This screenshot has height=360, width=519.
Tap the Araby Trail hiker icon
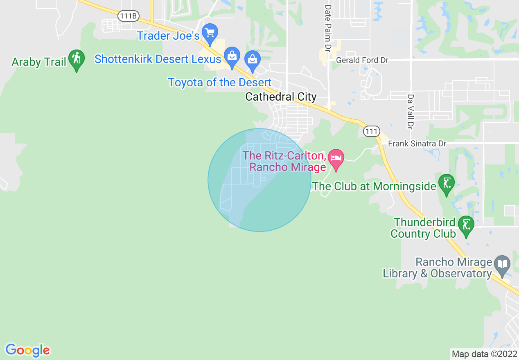(76, 60)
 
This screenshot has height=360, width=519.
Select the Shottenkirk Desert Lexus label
(158, 59)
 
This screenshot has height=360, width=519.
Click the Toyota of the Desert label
(220, 82)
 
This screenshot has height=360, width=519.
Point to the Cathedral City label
(281, 97)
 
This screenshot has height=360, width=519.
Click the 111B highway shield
(128, 16)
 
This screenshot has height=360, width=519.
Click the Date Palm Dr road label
(327, 28)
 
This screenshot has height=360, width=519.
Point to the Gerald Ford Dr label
(362, 60)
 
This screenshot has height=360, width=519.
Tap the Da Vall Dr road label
(410, 111)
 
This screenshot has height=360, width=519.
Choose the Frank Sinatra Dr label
(417, 144)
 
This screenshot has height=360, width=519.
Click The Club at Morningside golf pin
(446, 184)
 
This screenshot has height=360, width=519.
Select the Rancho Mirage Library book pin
(502, 265)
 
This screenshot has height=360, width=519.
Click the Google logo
(27, 350)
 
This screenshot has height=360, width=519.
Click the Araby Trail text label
(39, 62)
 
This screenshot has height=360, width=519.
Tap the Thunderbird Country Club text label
(423, 228)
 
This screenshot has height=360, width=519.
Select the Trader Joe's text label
(168, 36)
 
